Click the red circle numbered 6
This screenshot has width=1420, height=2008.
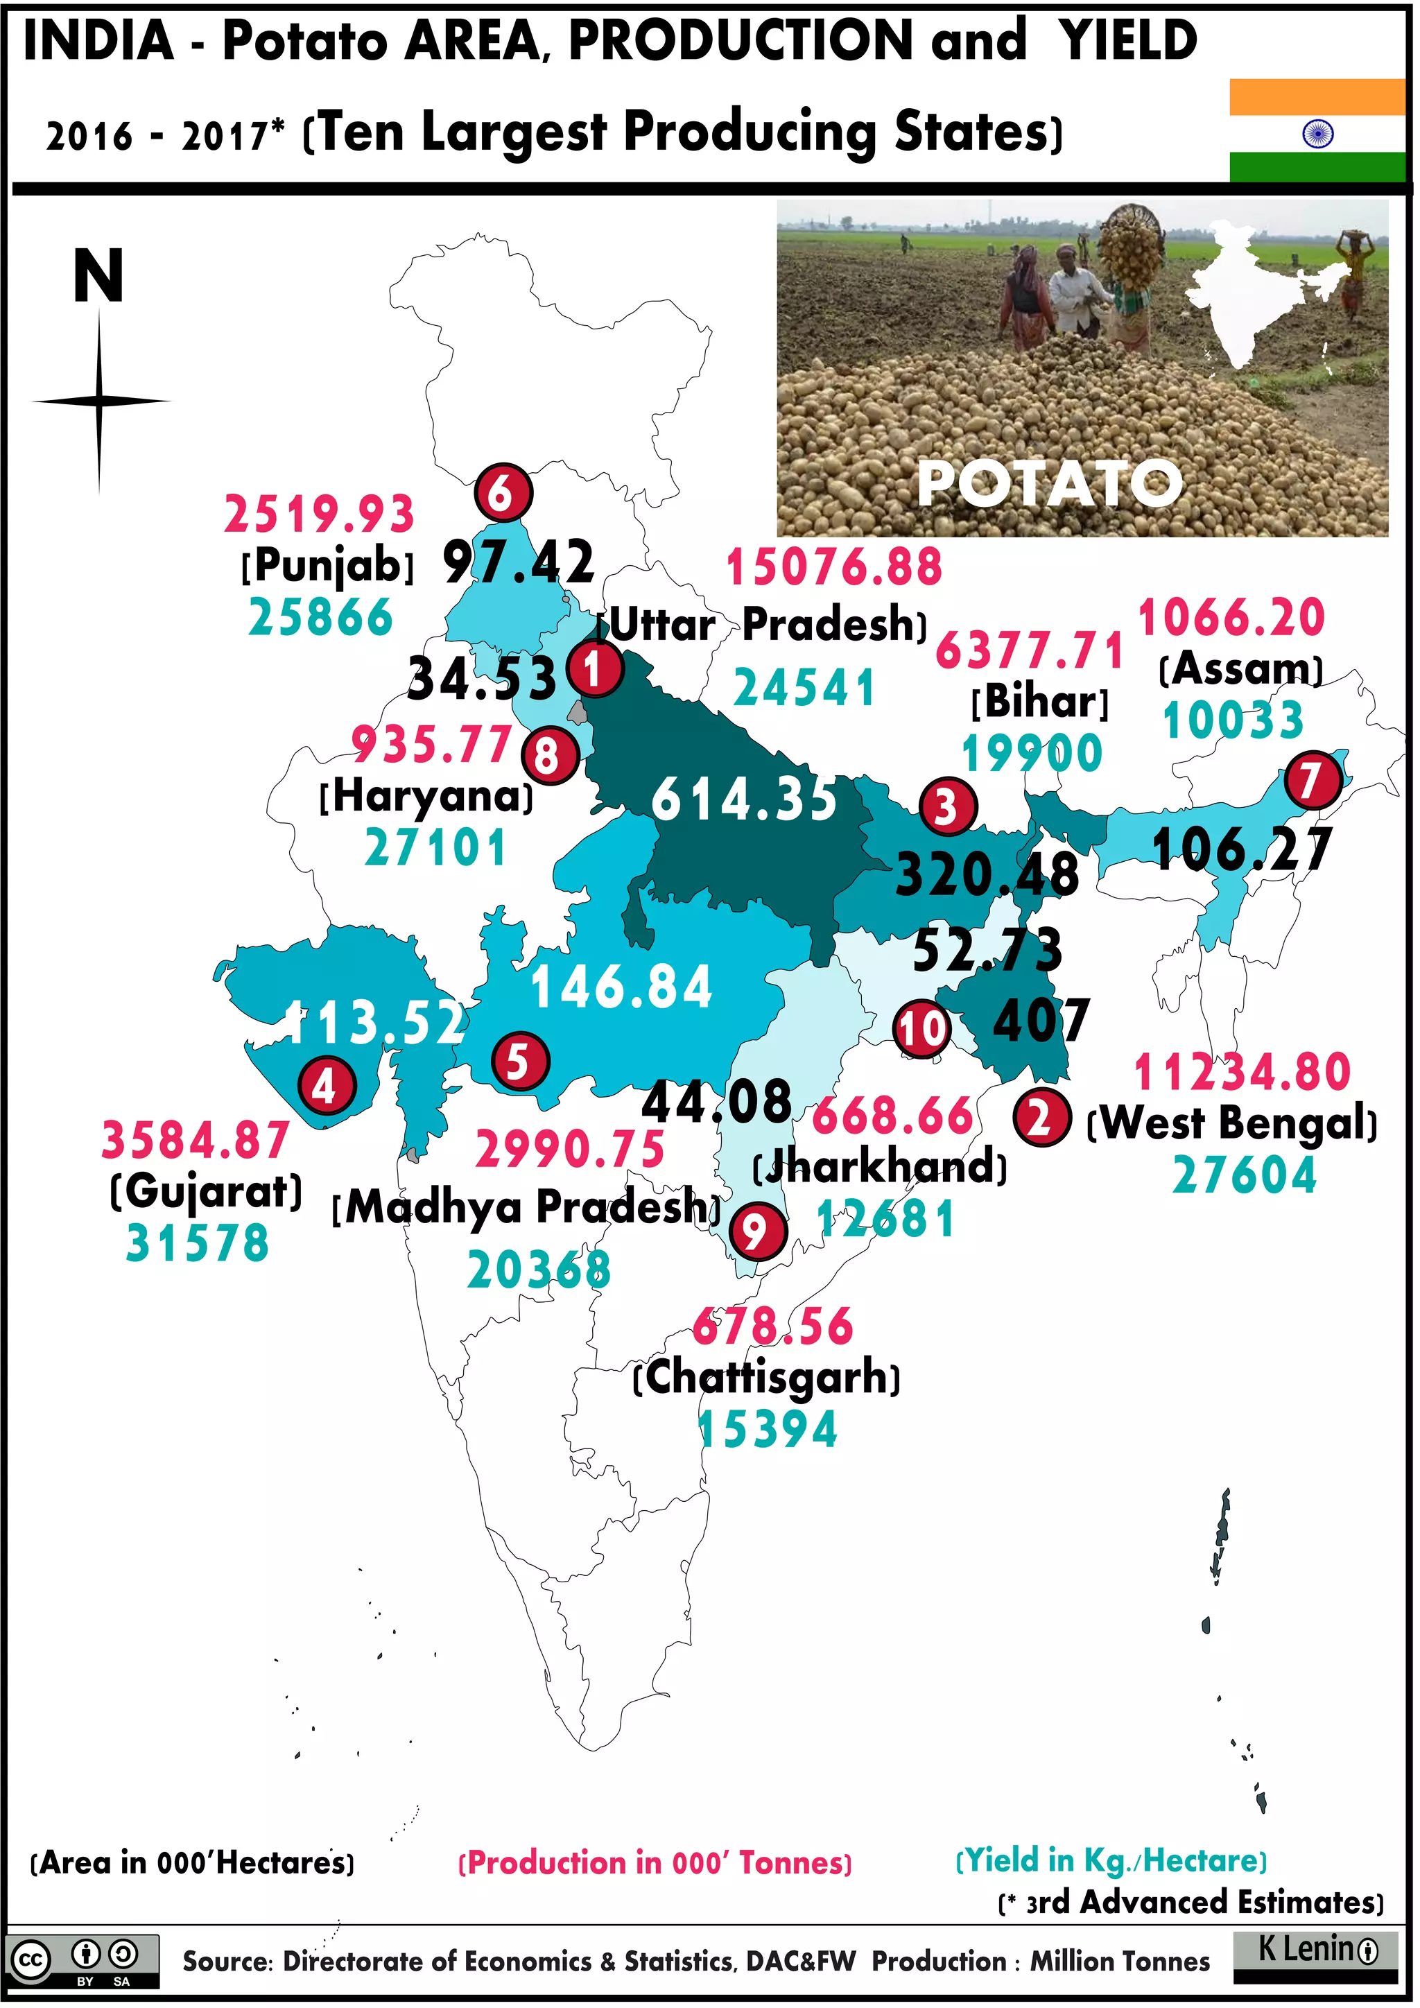pyautogui.click(x=503, y=493)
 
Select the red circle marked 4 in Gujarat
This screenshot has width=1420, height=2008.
pyautogui.click(x=326, y=1087)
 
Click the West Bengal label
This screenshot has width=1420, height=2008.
pyautogui.click(x=1232, y=1124)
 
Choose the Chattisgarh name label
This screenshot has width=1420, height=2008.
pyautogui.click(x=767, y=1378)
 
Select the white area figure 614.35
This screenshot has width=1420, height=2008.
pyautogui.click(x=744, y=800)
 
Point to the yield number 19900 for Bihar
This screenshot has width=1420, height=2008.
pyautogui.click(x=1032, y=754)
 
